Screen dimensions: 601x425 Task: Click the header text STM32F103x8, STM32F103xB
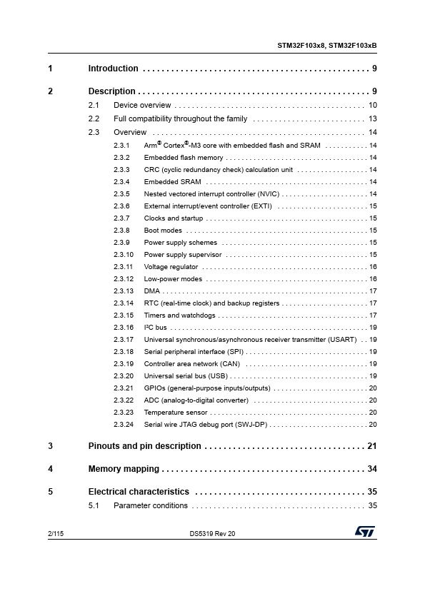coord(326,45)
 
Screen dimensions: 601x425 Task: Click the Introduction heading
coord(113,69)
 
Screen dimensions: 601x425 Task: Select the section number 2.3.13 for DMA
coord(124,291)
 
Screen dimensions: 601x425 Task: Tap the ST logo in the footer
coord(364,532)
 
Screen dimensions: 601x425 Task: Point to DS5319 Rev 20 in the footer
coord(212,533)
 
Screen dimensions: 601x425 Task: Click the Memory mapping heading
coord(123,469)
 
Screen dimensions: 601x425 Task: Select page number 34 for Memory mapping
coord(371,469)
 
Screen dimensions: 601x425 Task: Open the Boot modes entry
coord(163,231)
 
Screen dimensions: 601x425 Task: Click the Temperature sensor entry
coord(175,413)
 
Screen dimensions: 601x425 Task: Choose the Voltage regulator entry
coord(171,267)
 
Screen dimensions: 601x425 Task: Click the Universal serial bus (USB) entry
coord(186,376)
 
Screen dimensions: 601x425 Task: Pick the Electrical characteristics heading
coord(139,492)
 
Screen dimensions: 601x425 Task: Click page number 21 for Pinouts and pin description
coord(371,446)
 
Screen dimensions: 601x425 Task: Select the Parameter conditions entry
coord(151,506)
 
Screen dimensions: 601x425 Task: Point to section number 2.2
coord(94,118)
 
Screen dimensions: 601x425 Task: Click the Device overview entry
coord(142,106)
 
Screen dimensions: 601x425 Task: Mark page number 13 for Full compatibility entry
coord(372,118)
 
